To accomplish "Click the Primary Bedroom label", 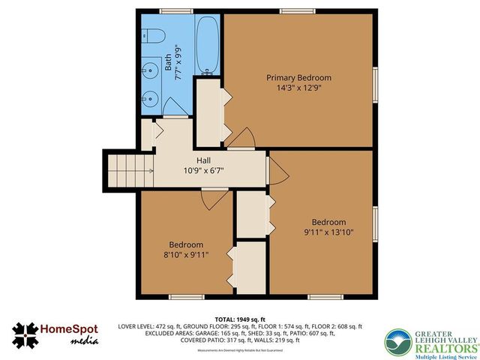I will pos(298,77).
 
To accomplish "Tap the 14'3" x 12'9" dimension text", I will pos(298,88).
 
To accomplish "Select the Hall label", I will pos(203,160).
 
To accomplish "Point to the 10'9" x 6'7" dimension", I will pos(203,170).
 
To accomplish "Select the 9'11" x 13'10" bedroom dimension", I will pos(328,232).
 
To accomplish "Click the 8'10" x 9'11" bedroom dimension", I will pos(185,255).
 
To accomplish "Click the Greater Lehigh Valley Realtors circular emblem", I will pos(397,343).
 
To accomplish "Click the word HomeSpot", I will pos(72,330).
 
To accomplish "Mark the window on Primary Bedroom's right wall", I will pos(374,79).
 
